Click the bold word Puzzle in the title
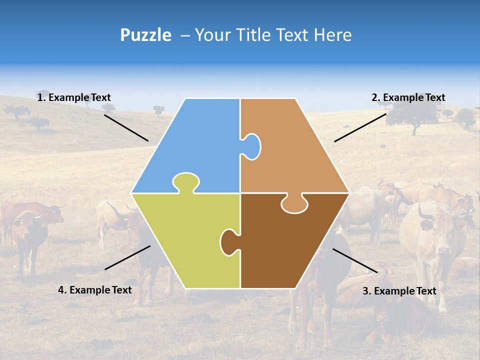(145, 35)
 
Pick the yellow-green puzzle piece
(185, 240)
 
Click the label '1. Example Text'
(74, 97)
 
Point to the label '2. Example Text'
(408, 97)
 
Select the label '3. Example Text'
(399, 291)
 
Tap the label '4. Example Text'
(95, 290)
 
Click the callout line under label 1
(126, 128)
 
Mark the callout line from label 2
(360, 127)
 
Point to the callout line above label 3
(355, 260)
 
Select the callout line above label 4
(127, 257)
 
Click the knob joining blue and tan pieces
(251, 146)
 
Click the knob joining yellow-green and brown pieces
(229, 241)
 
